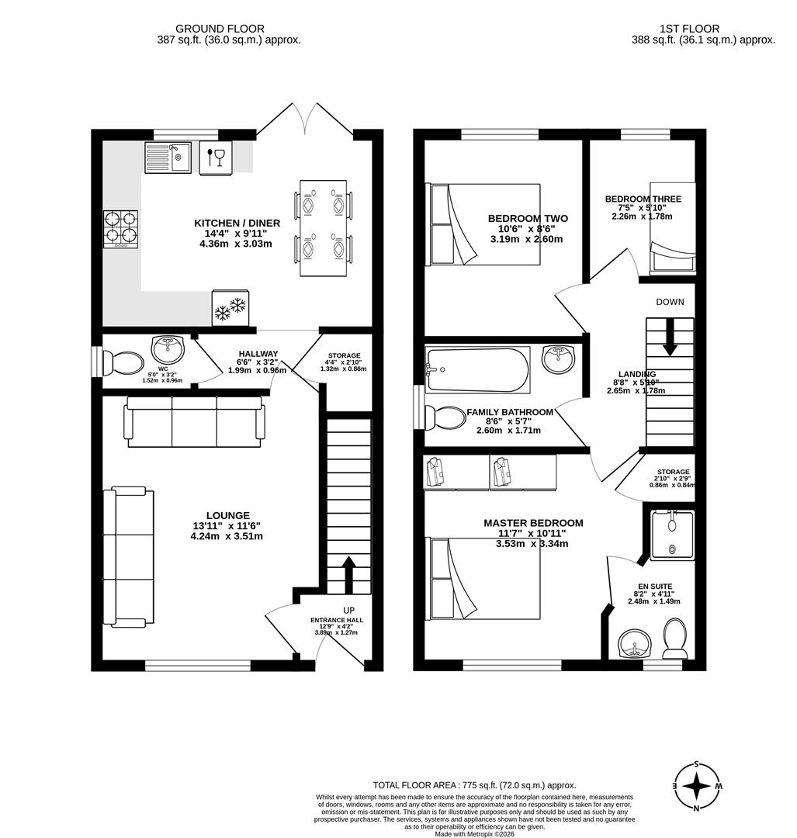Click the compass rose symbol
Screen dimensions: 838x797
point(696,786)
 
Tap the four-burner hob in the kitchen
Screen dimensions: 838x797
point(120,229)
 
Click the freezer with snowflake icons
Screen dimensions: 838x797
point(230,308)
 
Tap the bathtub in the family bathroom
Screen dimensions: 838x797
point(476,370)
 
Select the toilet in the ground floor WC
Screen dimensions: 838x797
point(123,363)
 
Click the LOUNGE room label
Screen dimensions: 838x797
point(227,515)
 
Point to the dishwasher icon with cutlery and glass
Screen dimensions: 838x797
point(216,158)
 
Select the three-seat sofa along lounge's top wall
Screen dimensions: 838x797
point(194,422)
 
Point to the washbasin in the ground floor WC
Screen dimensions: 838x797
point(168,348)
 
